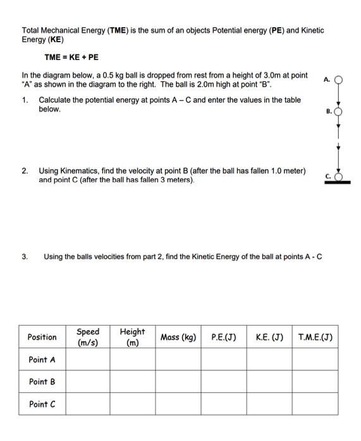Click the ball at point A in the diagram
(339, 79)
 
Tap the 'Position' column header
(42, 337)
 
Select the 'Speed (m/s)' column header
(88, 337)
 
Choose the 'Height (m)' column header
(132, 337)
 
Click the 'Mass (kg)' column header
(178, 337)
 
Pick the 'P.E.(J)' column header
(224, 337)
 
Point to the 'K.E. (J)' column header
(269, 337)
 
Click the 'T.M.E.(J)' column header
(315, 337)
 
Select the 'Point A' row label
(42, 360)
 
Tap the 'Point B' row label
(42, 382)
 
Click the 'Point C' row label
(42, 404)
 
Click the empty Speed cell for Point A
(88, 360)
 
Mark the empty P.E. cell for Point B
(224, 382)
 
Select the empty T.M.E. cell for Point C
(315, 404)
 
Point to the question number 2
(25, 171)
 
